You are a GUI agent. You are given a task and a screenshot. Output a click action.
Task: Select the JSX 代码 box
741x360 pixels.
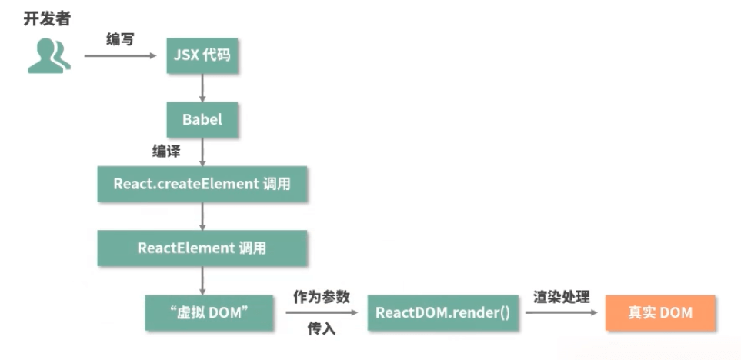[x=202, y=57]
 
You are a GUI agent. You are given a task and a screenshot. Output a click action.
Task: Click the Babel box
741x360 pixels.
[x=202, y=119]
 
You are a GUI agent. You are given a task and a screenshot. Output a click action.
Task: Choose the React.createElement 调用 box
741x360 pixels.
[x=202, y=184]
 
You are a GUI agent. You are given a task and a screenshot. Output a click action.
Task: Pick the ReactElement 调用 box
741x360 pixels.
[x=202, y=248]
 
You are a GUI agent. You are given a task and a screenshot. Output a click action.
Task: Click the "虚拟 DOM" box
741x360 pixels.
[x=202, y=312]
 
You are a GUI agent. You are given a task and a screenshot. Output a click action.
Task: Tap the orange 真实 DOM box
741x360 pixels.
[x=660, y=312]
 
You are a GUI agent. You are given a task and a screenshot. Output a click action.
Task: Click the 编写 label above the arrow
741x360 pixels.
[x=120, y=39]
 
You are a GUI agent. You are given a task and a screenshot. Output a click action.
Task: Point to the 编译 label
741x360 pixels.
[x=166, y=152]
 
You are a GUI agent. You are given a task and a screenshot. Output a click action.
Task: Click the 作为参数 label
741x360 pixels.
[x=321, y=296]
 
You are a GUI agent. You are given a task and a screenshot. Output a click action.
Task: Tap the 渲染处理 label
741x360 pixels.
[x=562, y=296]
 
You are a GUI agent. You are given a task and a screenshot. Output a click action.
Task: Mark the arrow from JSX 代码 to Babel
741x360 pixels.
[x=202, y=88]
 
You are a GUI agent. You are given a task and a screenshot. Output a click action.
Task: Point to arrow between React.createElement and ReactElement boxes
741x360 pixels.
[x=202, y=216]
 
